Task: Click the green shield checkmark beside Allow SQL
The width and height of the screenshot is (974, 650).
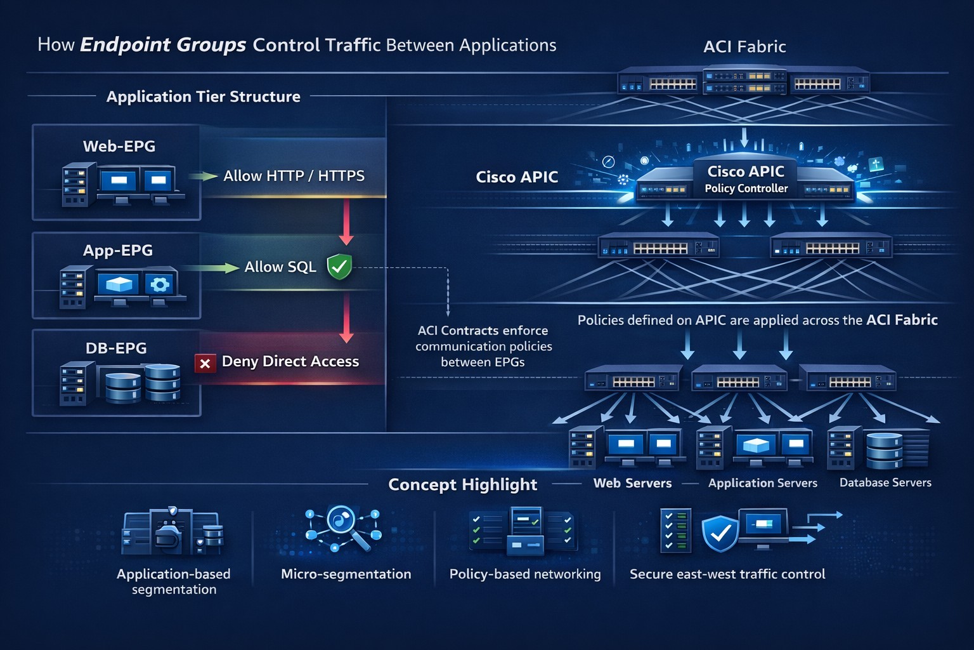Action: pyautogui.click(x=339, y=267)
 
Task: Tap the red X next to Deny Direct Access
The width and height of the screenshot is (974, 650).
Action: pyautogui.click(x=205, y=364)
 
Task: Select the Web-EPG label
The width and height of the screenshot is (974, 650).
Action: pyautogui.click(x=119, y=146)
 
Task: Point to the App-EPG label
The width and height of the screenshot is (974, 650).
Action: pyautogui.click(x=118, y=250)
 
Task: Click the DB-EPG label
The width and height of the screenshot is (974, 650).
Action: pyautogui.click(x=116, y=348)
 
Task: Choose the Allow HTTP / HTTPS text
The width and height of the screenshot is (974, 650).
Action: pyautogui.click(x=294, y=176)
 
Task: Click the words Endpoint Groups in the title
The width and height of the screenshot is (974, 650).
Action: pyautogui.click(x=163, y=44)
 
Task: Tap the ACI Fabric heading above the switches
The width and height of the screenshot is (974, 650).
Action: pyautogui.click(x=744, y=46)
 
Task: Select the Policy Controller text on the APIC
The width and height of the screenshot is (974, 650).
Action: pyautogui.click(x=746, y=189)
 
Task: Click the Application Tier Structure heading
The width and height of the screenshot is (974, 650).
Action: pyautogui.click(x=203, y=96)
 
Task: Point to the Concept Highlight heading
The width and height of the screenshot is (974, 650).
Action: pyautogui.click(x=462, y=484)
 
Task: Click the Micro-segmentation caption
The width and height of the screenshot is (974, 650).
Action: pyautogui.click(x=346, y=574)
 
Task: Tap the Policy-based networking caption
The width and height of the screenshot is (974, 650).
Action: pyautogui.click(x=524, y=574)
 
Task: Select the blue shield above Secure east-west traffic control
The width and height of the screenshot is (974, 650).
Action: pyautogui.click(x=720, y=533)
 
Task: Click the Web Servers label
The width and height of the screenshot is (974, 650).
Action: pyautogui.click(x=632, y=483)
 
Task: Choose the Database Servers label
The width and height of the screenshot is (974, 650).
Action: pyautogui.click(x=885, y=482)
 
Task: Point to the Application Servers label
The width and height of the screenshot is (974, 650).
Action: pyautogui.click(x=762, y=483)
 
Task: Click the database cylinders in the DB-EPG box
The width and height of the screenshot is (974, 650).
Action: pyautogui.click(x=143, y=383)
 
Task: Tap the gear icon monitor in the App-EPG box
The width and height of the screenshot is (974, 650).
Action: pyautogui.click(x=160, y=284)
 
